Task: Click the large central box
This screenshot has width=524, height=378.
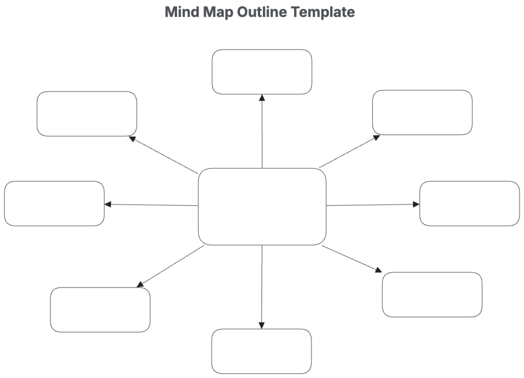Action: tap(262, 206)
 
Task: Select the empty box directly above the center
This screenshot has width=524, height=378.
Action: tap(262, 72)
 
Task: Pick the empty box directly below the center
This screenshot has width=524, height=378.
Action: tap(261, 351)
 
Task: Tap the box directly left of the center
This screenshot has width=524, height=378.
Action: tap(54, 203)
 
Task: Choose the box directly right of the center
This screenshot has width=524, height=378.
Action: tap(469, 203)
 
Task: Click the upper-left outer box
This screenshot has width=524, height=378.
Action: tap(86, 114)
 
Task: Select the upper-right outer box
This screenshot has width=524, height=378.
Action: tap(422, 112)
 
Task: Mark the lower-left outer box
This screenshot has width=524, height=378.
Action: tap(100, 310)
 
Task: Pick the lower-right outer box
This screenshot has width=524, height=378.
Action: tap(432, 294)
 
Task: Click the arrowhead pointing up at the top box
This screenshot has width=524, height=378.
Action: tap(262, 98)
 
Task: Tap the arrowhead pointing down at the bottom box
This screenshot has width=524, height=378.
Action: tap(261, 325)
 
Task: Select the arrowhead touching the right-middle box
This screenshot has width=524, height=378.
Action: tap(416, 204)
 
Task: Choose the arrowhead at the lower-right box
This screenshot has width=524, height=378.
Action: tap(378, 271)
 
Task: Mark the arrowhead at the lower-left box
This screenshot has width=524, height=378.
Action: tap(140, 284)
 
